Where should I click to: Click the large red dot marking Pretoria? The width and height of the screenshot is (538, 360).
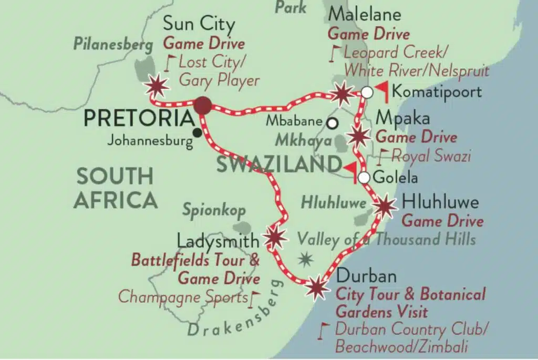click(x=202, y=106)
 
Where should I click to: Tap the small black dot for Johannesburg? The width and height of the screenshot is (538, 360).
click(x=196, y=133)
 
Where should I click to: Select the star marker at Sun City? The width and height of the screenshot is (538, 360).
click(x=156, y=85)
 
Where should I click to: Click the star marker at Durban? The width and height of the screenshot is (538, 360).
click(x=317, y=287)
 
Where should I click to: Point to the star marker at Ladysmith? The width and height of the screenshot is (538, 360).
click(x=275, y=238)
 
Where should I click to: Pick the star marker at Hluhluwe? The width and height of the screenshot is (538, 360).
click(x=385, y=207)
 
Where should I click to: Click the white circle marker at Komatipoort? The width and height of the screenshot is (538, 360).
click(x=367, y=92)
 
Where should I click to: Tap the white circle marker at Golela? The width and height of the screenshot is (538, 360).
click(x=364, y=178)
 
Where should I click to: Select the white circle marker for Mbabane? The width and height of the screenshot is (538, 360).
click(x=332, y=123)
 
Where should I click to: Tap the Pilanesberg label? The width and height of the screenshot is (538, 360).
click(x=113, y=44)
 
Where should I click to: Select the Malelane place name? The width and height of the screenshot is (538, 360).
click(x=364, y=14)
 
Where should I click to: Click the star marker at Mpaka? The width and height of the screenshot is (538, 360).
click(x=359, y=137)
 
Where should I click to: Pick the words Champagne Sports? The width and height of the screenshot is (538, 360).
click(x=182, y=297)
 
